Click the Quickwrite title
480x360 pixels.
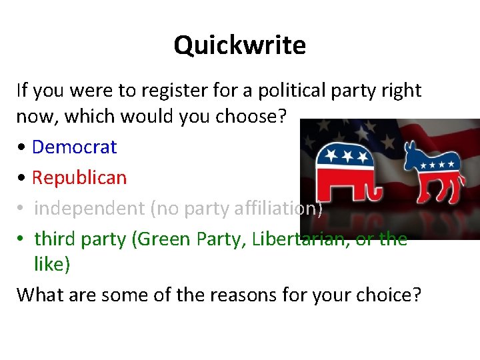click(x=239, y=45)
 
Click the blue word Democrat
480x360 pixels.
click(x=74, y=147)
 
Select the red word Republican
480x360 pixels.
click(x=79, y=177)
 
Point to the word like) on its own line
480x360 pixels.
click(x=52, y=264)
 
